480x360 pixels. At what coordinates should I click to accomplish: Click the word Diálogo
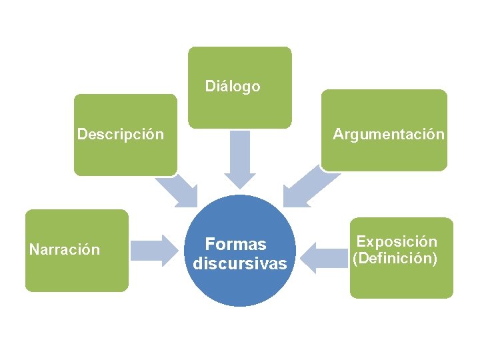click(x=233, y=87)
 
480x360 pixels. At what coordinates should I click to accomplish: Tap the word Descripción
click(x=120, y=135)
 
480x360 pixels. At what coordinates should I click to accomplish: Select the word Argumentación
click(x=389, y=135)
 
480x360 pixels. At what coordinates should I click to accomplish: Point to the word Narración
click(x=65, y=250)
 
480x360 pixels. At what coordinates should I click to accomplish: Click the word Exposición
click(x=397, y=242)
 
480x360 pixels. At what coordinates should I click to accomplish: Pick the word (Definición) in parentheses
click(x=395, y=258)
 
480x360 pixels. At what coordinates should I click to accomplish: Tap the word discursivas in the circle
click(x=240, y=264)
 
